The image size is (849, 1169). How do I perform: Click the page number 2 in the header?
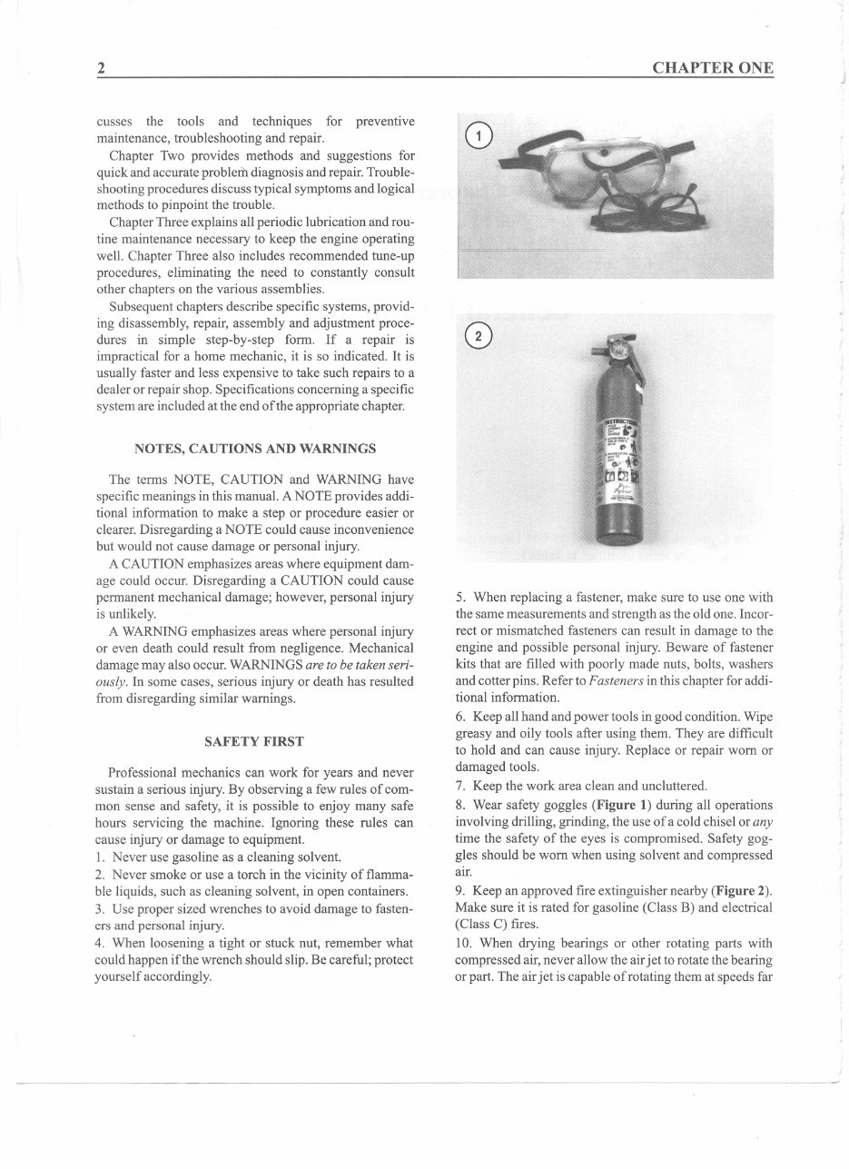click(x=102, y=68)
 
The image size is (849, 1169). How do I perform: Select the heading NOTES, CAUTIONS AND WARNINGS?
click(x=255, y=449)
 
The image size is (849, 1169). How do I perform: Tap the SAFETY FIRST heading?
click(x=254, y=741)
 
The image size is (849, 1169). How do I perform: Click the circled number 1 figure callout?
click(x=477, y=137)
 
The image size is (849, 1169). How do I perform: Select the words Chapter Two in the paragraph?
click(x=138, y=155)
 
